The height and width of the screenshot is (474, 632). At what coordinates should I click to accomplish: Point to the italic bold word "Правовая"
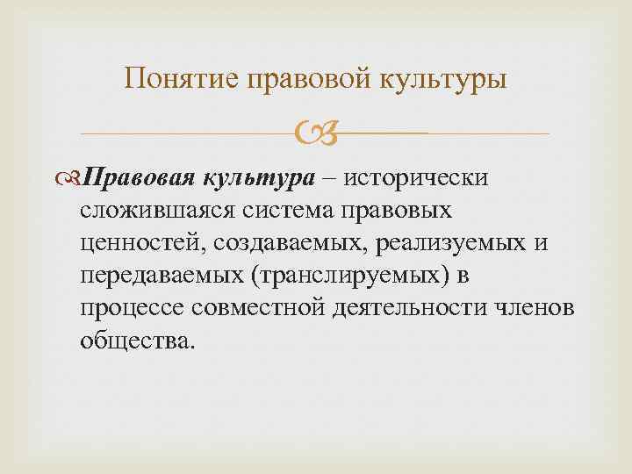pyautogui.click(x=146, y=177)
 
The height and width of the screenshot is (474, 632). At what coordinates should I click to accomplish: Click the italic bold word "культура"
pyautogui.click(x=259, y=177)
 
